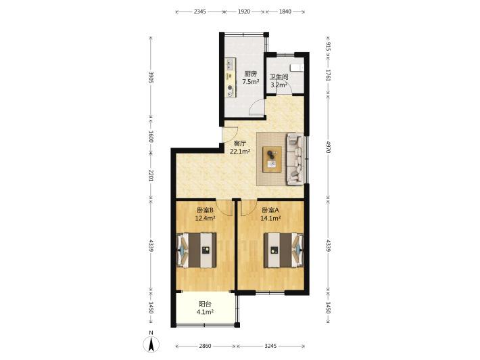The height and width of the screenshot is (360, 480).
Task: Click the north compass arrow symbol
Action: pyautogui.click(x=151, y=344)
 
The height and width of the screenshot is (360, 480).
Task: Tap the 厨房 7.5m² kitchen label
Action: pyautogui.click(x=251, y=78)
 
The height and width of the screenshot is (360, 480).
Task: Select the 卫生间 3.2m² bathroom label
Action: pyautogui.click(x=279, y=81)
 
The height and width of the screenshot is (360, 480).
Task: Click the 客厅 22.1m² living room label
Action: pyautogui.click(x=240, y=148)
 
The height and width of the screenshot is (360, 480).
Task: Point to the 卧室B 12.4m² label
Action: pyautogui.click(x=205, y=214)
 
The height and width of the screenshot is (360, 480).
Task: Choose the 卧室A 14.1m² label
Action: pyautogui.click(x=270, y=214)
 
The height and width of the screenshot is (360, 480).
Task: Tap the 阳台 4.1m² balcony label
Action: pyautogui.click(x=205, y=308)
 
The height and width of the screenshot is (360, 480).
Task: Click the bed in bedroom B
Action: pyautogui.click(x=197, y=250)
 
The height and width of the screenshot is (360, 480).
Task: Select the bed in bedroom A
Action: pyautogui.click(x=284, y=250)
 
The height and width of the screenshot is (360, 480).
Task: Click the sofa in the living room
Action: pyautogui.click(x=295, y=159)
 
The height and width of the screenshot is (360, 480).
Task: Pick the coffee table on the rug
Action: pyautogui.click(x=272, y=159)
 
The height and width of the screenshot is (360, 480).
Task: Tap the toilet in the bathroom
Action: pyautogui.click(x=297, y=68)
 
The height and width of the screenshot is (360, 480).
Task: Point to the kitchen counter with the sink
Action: pyautogui.click(x=231, y=78)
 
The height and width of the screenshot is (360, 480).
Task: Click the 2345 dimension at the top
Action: pyautogui.click(x=200, y=12)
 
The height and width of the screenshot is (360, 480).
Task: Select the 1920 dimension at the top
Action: pyautogui.click(x=244, y=12)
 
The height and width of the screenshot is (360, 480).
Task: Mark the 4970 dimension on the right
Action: pyautogui.click(x=328, y=147)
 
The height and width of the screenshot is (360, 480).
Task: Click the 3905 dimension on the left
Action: pyautogui.click(x=151, y=77)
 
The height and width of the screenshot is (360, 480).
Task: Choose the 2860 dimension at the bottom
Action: pyautogui.click(x=205, y=346)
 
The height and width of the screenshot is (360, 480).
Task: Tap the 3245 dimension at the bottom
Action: pyautogui.click(x=270, y=346)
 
